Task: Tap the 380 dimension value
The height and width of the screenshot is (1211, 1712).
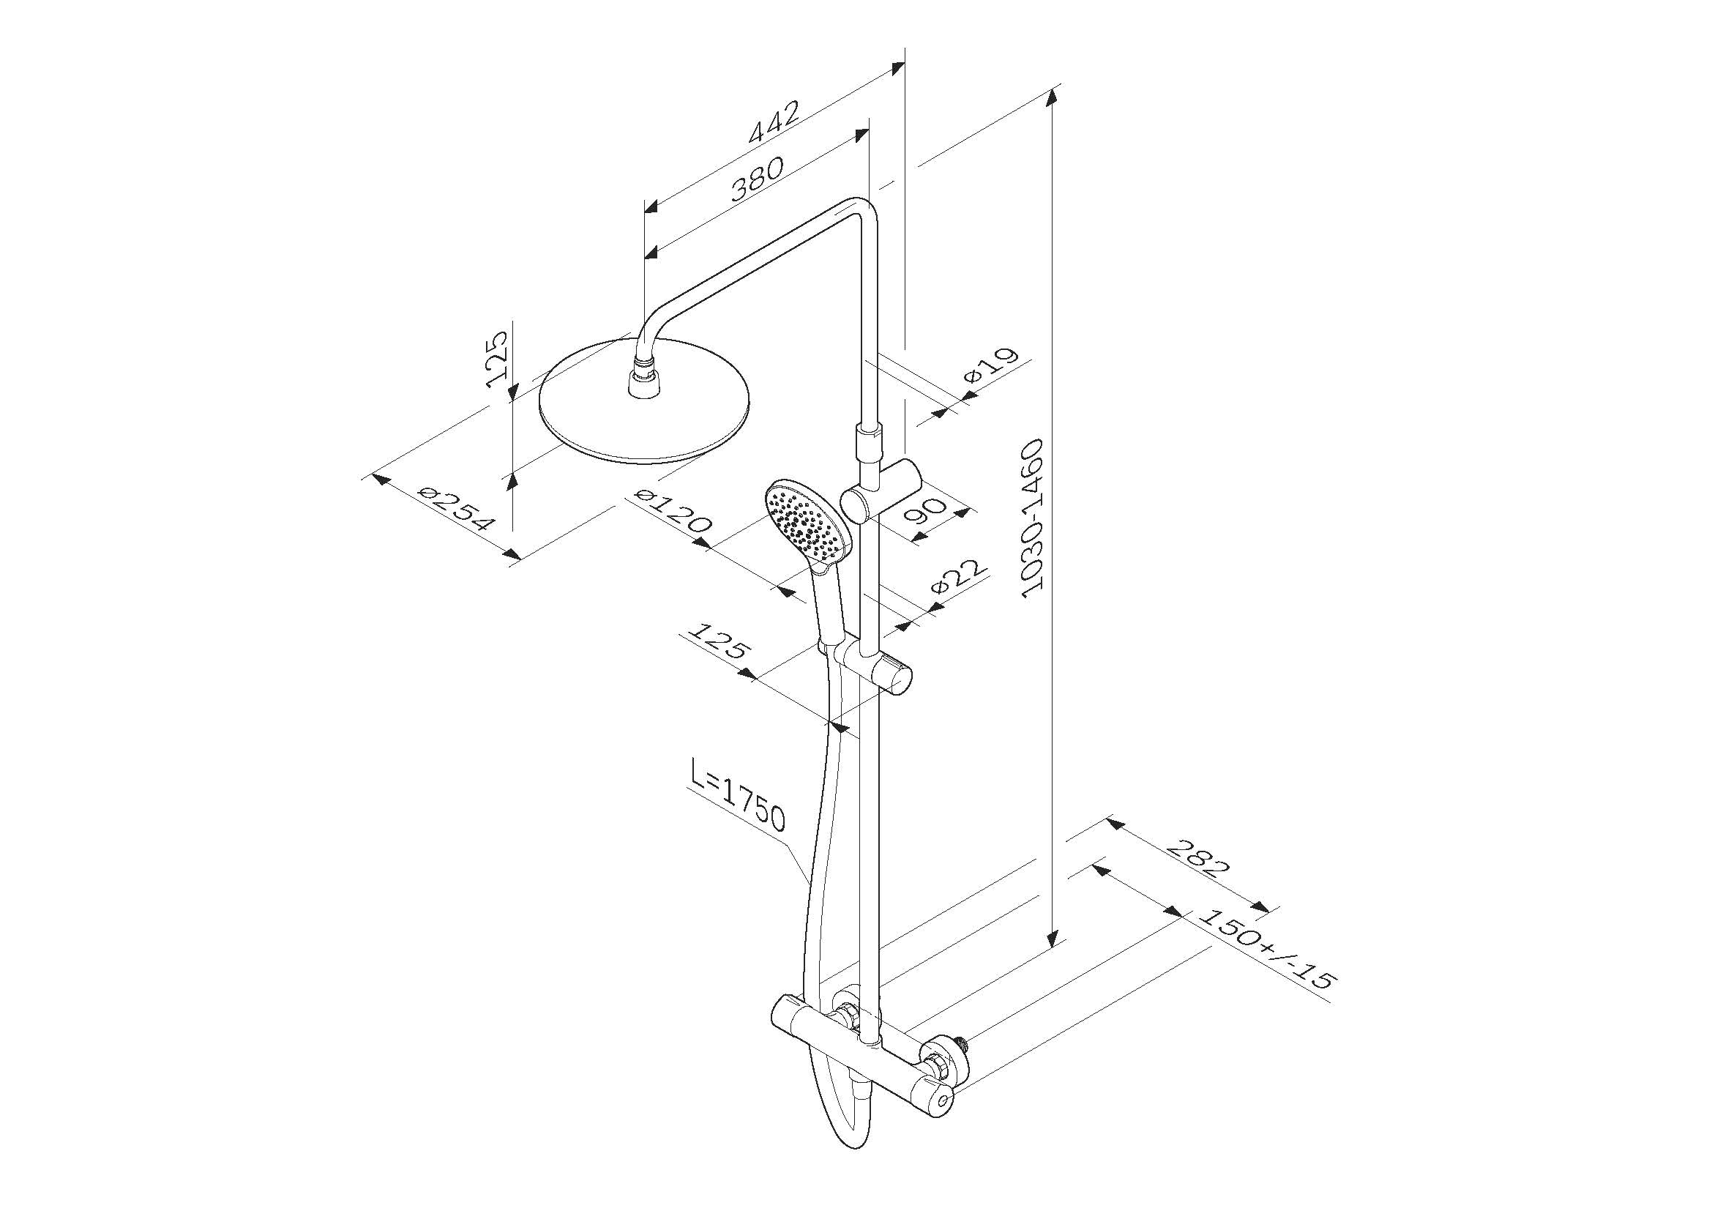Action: click(x=758, y=179)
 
